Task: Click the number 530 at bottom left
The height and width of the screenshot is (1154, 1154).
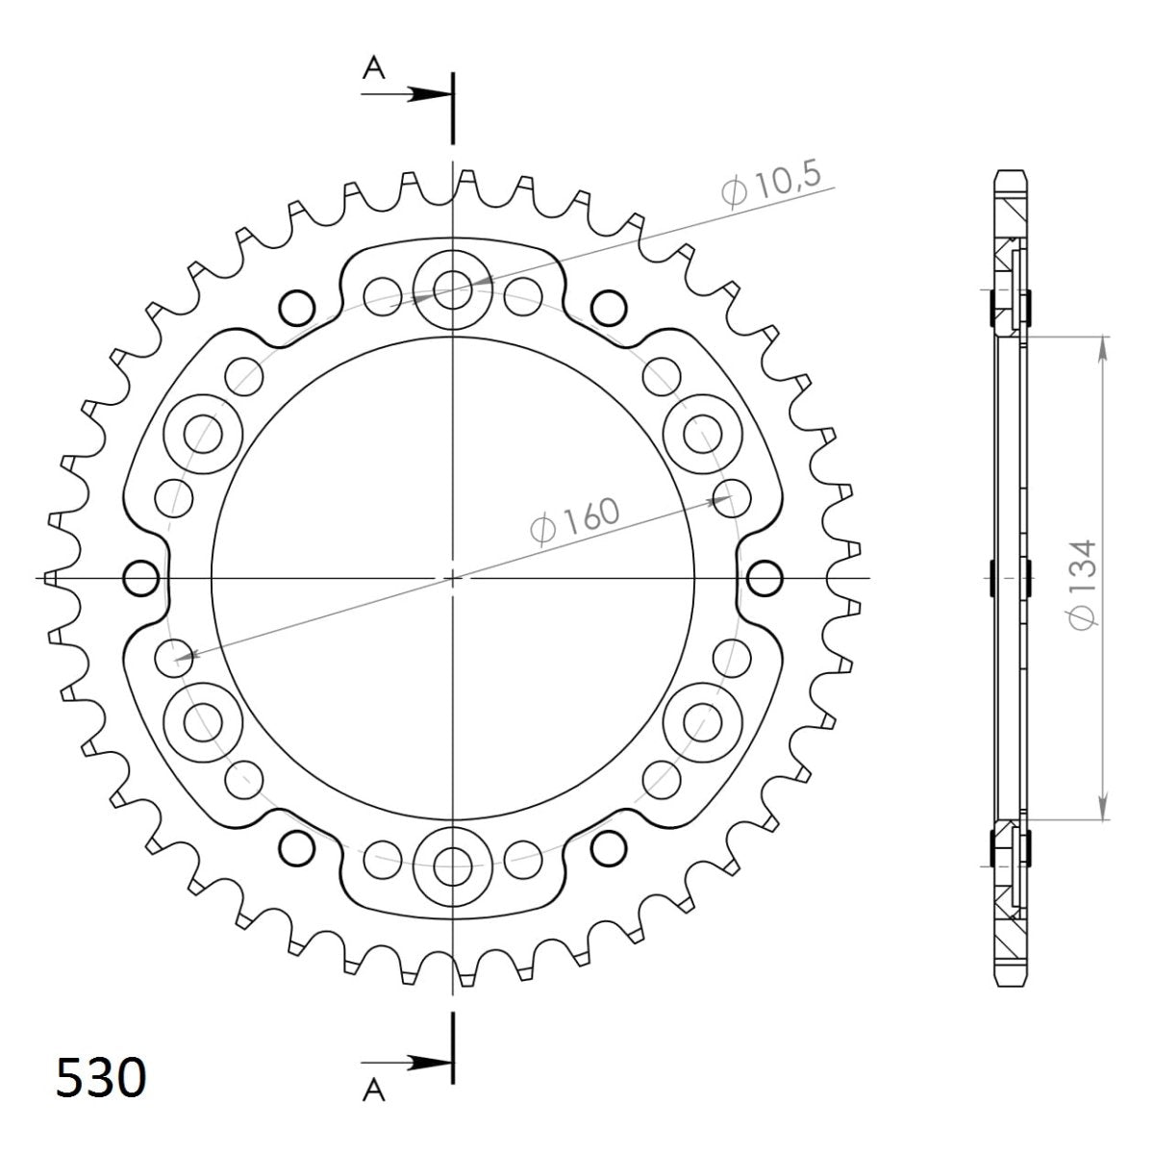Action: pos(101,1077)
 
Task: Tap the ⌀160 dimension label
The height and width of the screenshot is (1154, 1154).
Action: pos(575,523)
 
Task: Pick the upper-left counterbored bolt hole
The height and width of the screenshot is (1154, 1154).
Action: pos(201,431)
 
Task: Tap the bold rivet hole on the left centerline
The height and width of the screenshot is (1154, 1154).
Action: pos(141,578)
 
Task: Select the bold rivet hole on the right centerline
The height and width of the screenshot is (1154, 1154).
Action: pos(764,578)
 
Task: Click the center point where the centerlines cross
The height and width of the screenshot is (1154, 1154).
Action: pos(452,578)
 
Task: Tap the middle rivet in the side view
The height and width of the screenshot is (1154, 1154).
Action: pos(1010,578)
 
